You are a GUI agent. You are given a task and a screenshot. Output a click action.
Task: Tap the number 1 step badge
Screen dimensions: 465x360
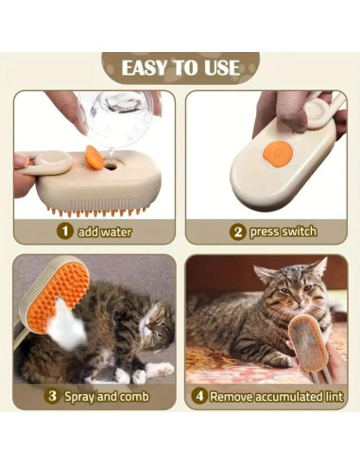tap(65, 231)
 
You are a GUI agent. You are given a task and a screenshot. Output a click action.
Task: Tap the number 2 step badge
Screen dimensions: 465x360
tap(238, 231)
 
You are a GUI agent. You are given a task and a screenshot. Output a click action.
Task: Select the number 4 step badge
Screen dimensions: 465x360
tap(199, 396)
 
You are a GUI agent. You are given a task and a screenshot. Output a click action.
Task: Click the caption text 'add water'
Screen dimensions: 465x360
tap(106, 231)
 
